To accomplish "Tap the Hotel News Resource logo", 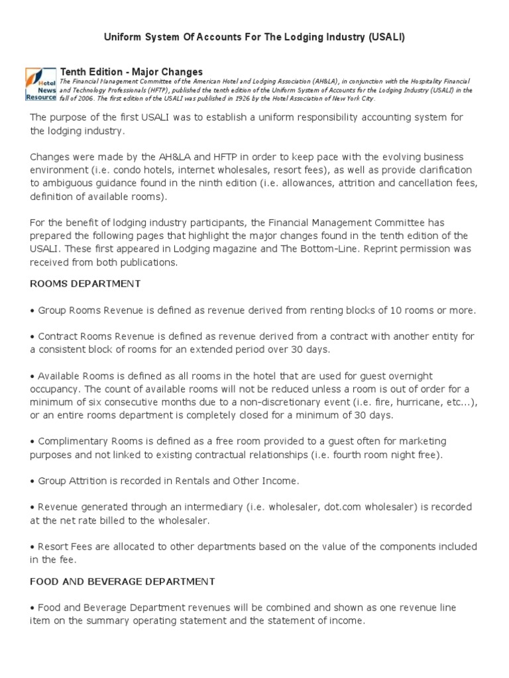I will (x=40, y=84).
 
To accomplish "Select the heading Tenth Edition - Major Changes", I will (x=132, y=72).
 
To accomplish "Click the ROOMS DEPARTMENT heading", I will (x=85, y=283).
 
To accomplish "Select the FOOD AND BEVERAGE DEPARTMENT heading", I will (x=123, y=581).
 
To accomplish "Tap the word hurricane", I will (x=404, y=402).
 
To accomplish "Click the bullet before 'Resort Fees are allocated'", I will (x=32, y=546).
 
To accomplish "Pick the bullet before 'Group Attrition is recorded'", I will (x=32, y=481).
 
